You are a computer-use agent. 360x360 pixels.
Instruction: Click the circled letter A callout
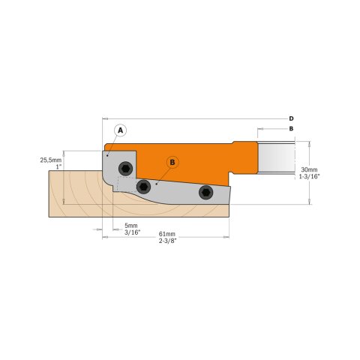click(118, 130)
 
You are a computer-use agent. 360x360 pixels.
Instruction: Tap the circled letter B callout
click(172, 161)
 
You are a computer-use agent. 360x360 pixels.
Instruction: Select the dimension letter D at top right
click(291, 118)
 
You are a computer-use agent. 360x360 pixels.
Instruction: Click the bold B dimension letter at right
click(291, 129)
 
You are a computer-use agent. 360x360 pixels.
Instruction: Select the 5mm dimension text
click(130, 226)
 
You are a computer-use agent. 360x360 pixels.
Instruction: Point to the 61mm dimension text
click(168, 234)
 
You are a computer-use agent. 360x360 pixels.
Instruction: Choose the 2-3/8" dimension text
click(169, 241)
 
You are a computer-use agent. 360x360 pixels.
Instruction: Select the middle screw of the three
click(144, 187)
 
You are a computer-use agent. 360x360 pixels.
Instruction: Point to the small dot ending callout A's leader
click(109, 155)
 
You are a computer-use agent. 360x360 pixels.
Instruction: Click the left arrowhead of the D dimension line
click(103, 118)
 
